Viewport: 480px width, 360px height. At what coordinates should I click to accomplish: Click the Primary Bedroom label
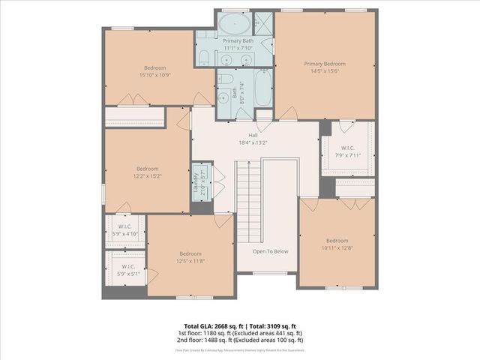[x=325, y=64]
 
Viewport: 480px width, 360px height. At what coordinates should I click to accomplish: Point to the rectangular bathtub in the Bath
[x=264, y=88]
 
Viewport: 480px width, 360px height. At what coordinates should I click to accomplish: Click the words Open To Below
[x=270, y=251]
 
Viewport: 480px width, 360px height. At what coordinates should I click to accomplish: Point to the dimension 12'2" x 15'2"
[x=148, y=176]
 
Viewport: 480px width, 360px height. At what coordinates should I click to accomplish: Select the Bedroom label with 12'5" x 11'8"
[x=190, y=253]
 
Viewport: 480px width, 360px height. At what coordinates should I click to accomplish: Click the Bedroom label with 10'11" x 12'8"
[x=337, y=241]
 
